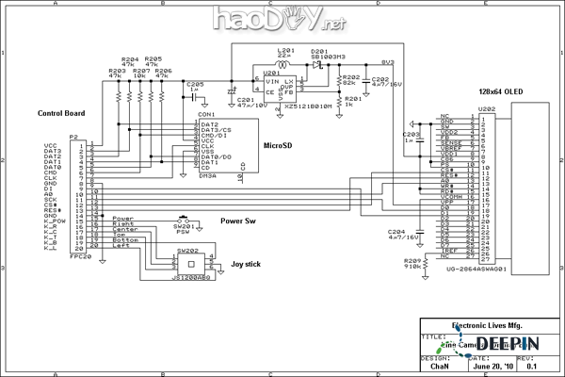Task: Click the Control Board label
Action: click(62, 113)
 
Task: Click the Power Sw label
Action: click(239, 221)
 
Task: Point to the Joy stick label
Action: click(247, 265)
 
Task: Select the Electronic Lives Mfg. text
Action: click(486, 325)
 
